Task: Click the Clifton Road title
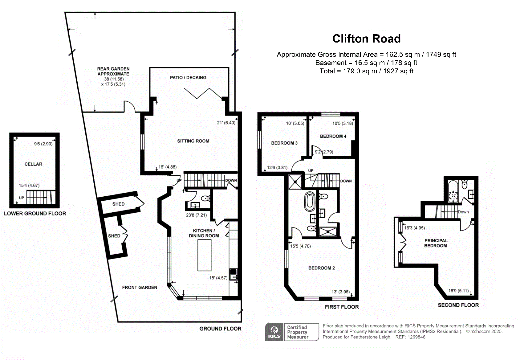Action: [x=367, y=39]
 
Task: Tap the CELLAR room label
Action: [x=34, y=164]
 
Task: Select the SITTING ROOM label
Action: [x=193, y=141]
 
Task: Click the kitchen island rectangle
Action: [x=204, y=255]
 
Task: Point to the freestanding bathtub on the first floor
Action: [x=310, y=201]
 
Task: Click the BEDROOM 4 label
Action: [x=333, y=136]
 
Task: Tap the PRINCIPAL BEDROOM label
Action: [x=436, y=243]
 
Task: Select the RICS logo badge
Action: [x=274, y=332]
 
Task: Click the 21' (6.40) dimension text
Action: [x=226, y=123]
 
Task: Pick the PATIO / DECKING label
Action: [x=188, y=78]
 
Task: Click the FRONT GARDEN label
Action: [x=140, y=287]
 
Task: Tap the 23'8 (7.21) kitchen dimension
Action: [x=197, y=215]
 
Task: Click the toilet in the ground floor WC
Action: [x=205, y=198]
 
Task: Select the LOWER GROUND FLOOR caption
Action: [x=35, y=214]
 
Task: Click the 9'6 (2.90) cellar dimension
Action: [x=43, y=144]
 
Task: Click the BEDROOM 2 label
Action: [x=322, y=268]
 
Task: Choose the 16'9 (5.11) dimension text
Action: [x=458, y=291]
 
